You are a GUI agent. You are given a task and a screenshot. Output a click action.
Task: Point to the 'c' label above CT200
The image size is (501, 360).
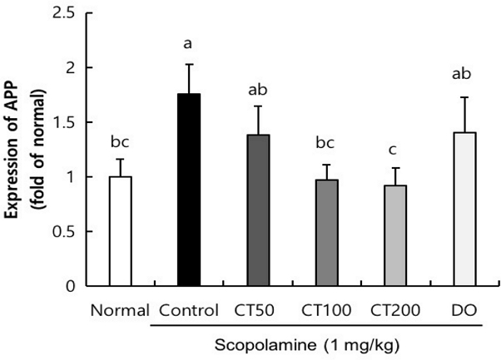click(x=394, y=151)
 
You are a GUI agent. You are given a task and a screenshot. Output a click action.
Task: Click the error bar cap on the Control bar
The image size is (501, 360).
click(x=189, y=64)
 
